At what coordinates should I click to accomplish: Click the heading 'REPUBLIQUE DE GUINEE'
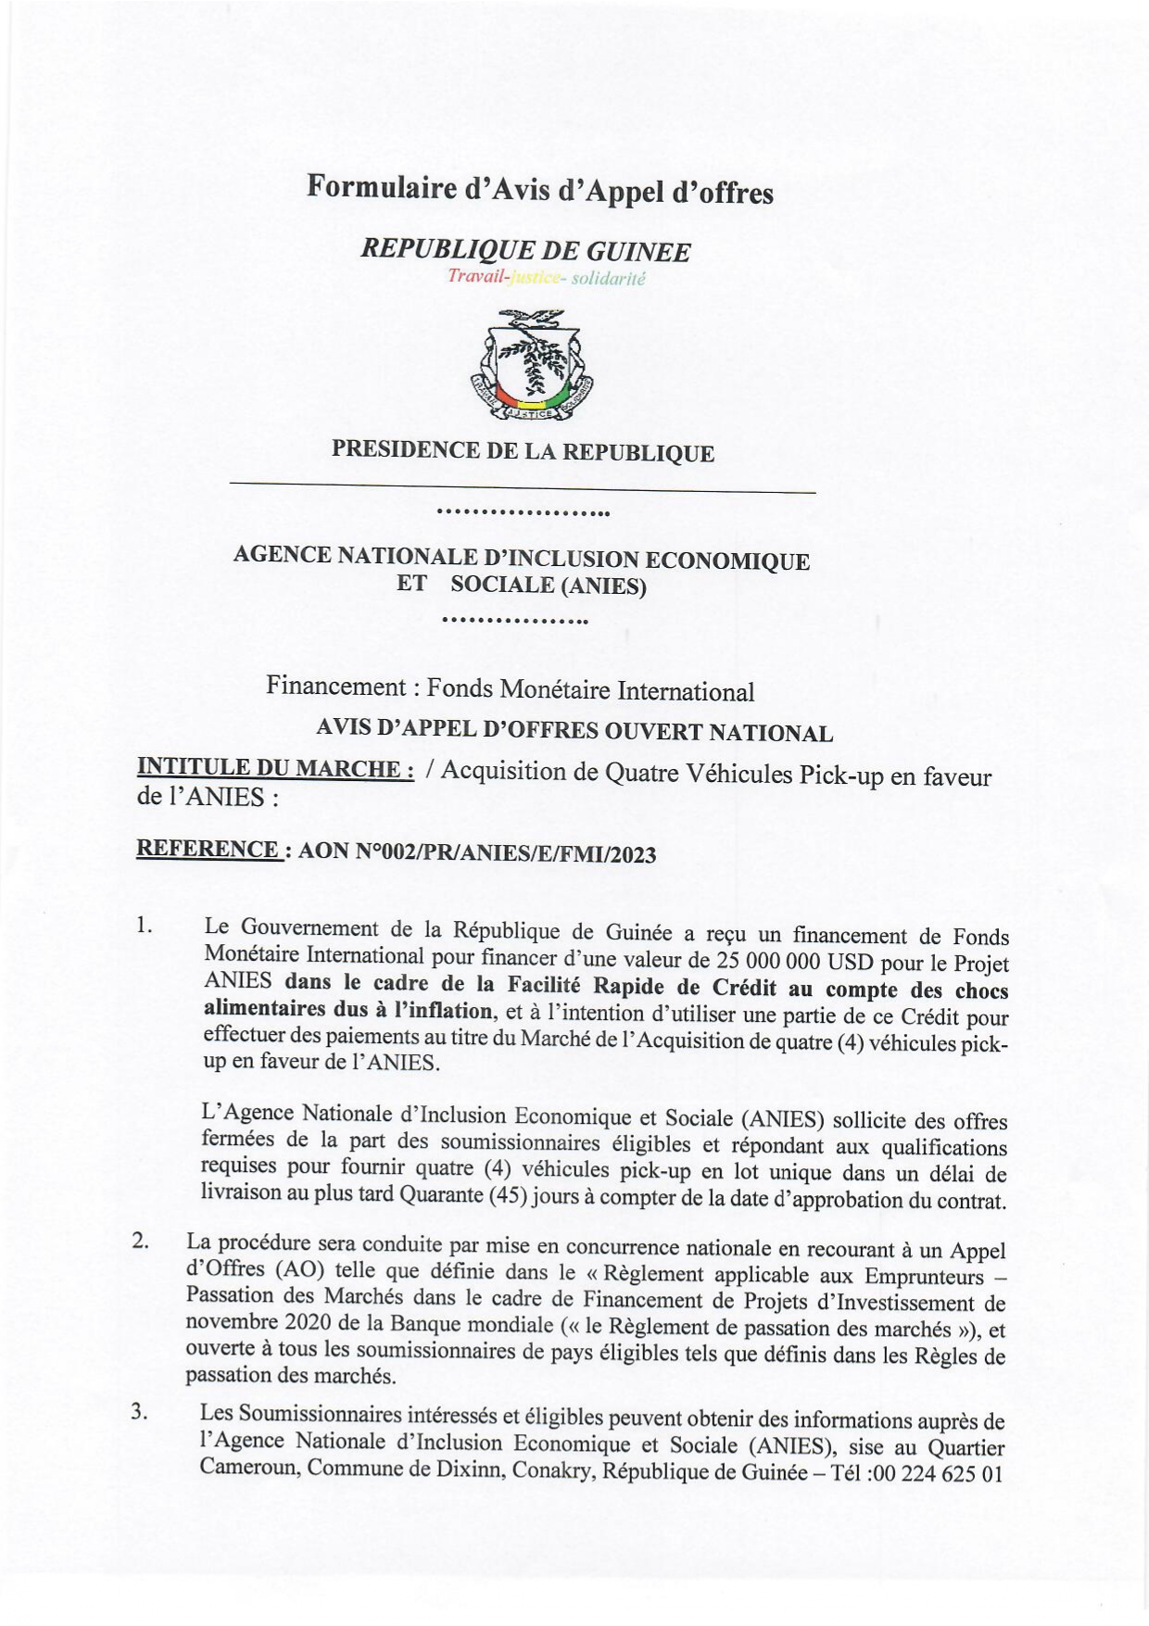pyautogui.click(x=525, y=250)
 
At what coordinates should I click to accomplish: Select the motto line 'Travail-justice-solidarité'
pyautogui.click(x=546, y=277)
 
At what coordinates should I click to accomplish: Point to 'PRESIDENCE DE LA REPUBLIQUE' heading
pyautogui.click(x=523, y=451)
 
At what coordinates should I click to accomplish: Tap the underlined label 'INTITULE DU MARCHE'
pyautogui.click(x=274, y=767)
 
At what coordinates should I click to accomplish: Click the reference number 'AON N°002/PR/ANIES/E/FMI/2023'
pyautogui.click(x=477, y=853)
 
